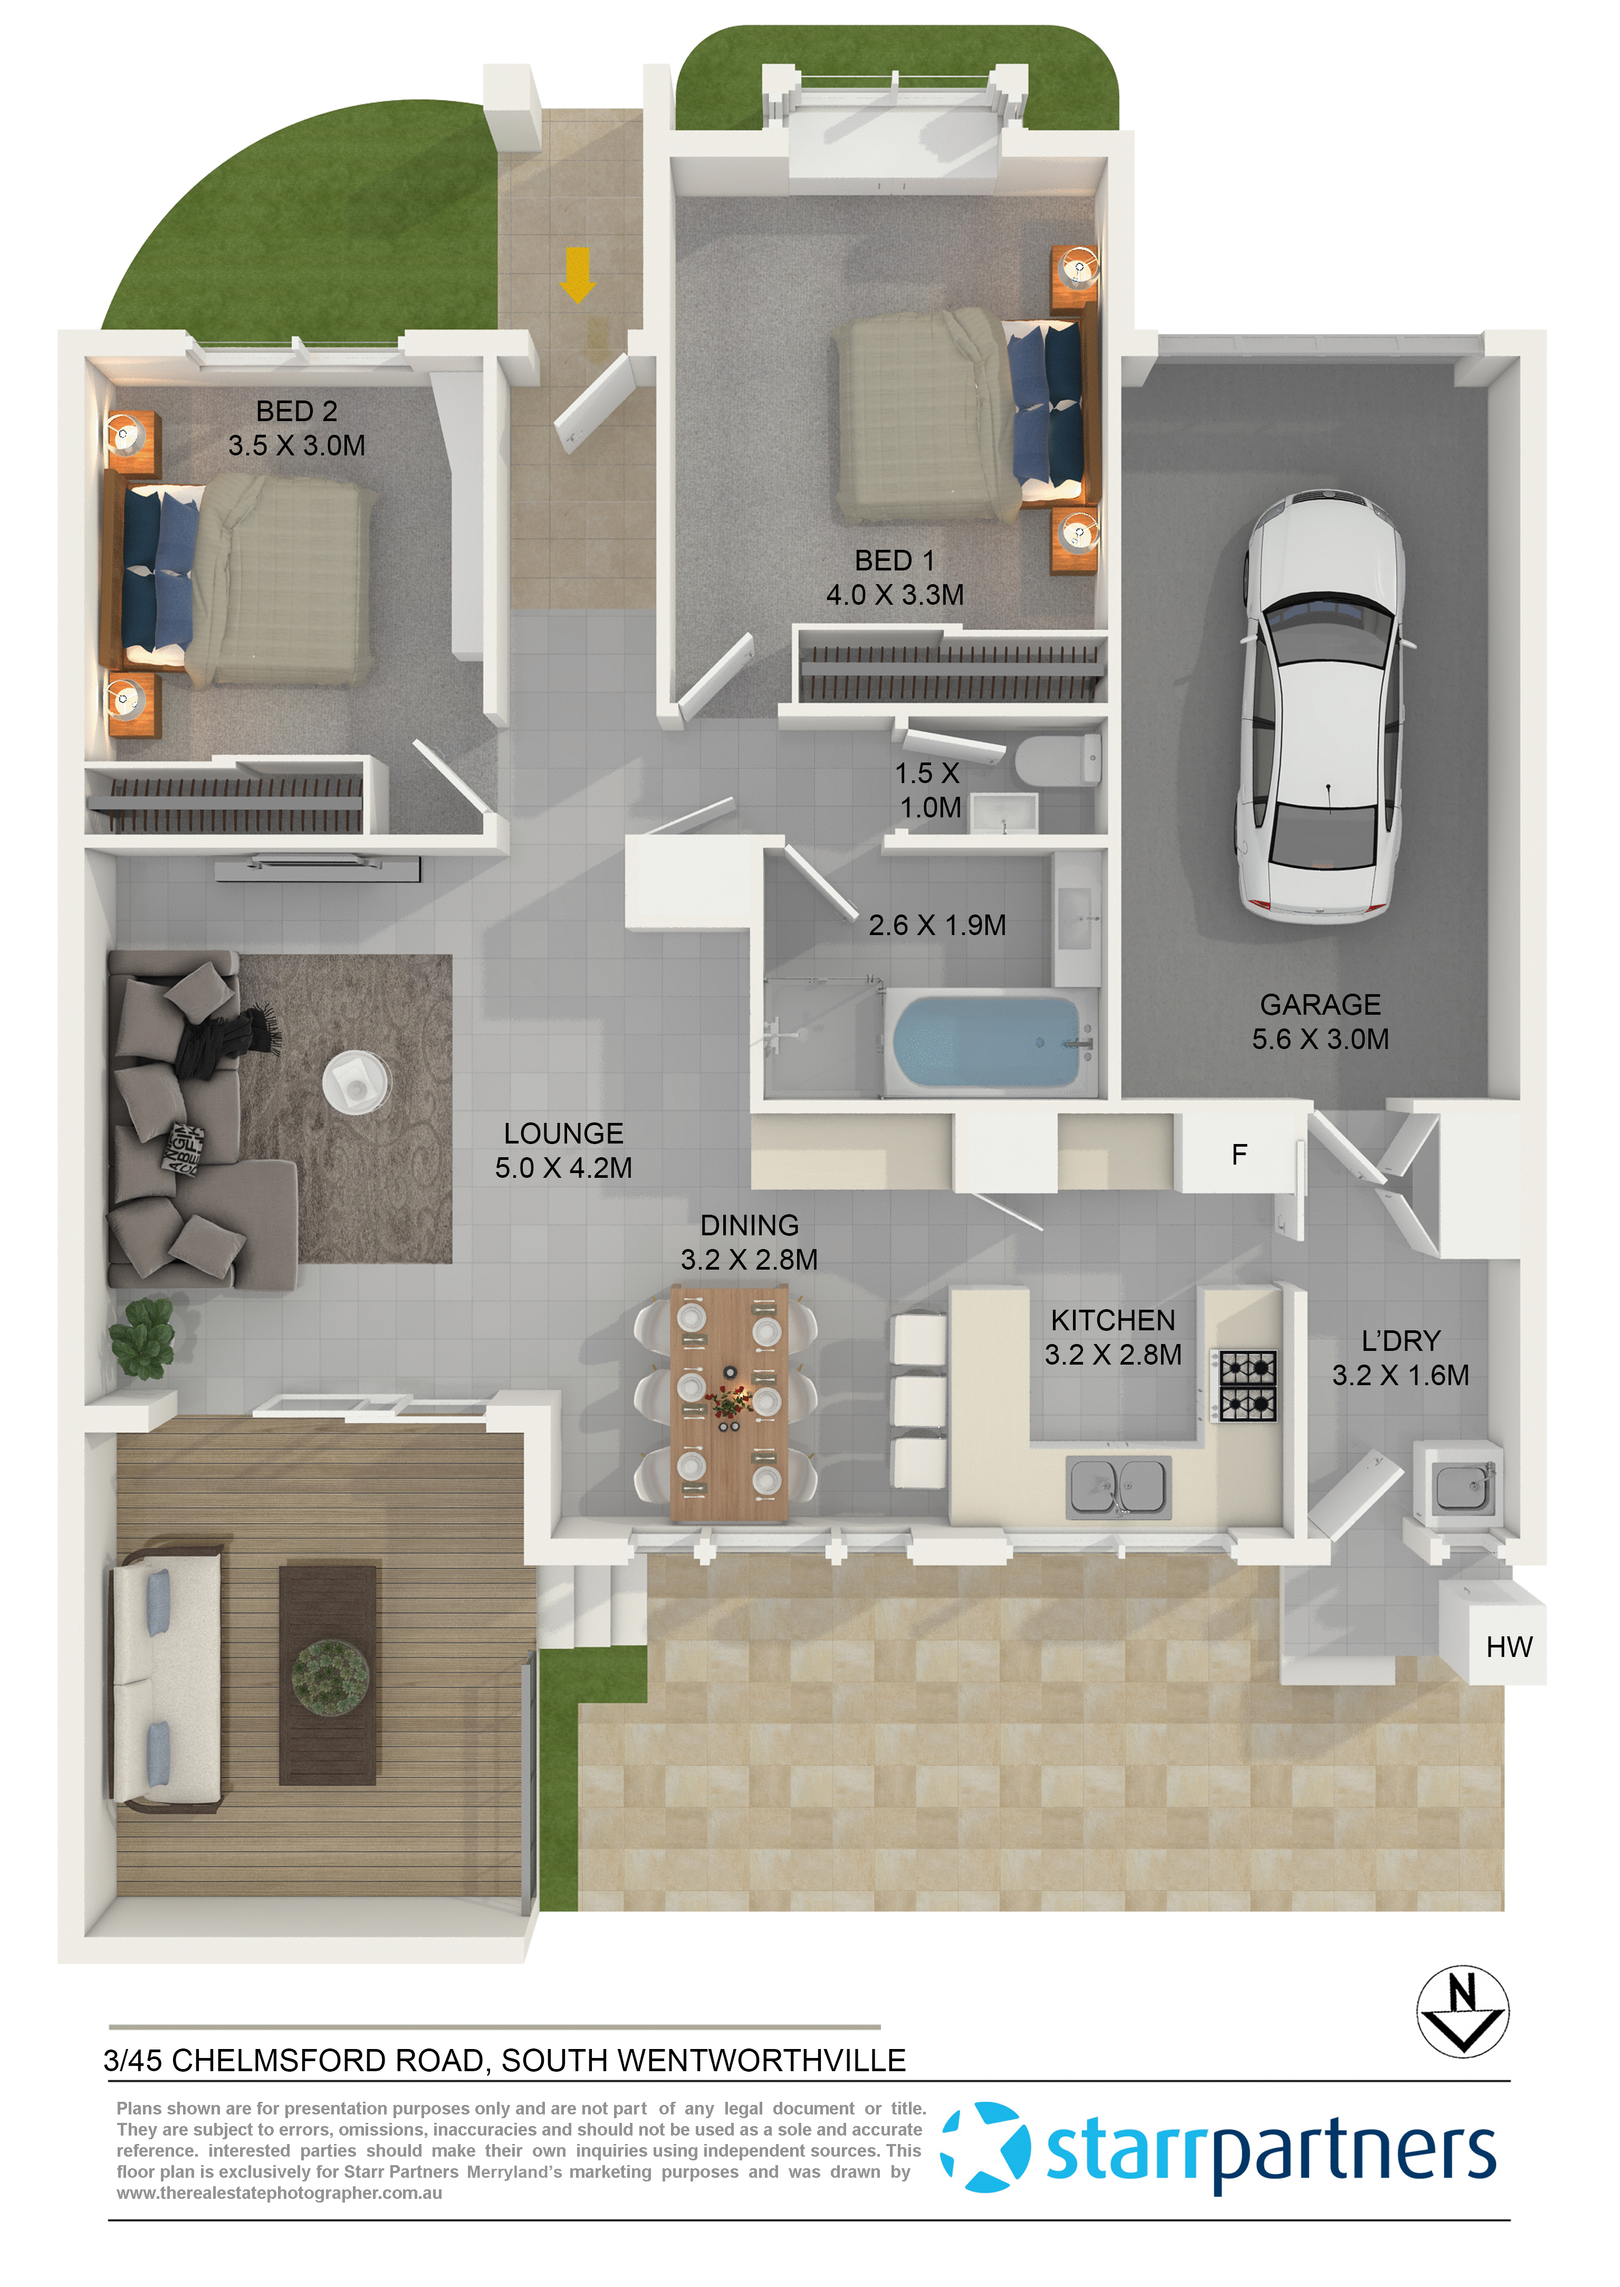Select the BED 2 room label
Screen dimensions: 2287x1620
point(296,411)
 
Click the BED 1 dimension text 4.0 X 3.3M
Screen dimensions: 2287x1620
point(895,595)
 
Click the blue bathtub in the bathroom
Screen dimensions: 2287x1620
point(985,1043)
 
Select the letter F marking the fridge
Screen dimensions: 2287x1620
point(1239,1155)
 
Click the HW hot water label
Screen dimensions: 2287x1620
point(1508,1646)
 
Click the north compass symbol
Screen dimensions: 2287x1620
point(1462,2012)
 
